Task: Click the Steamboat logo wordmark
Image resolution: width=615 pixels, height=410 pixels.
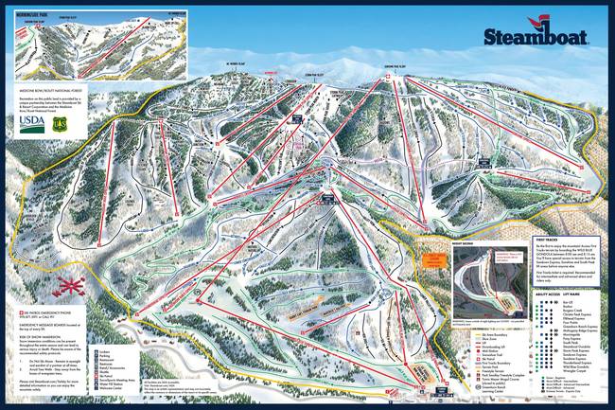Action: click(535, 37)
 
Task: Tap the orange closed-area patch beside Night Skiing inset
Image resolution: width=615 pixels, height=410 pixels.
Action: click(432, 260)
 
